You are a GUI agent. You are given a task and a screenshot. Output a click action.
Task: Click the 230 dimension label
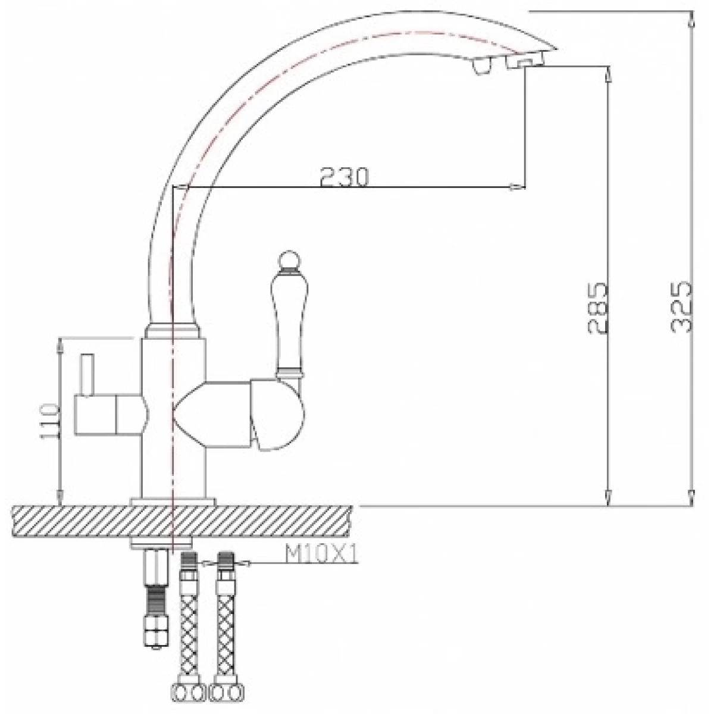[345, 177]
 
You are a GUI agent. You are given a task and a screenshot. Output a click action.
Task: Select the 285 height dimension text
[597, 308]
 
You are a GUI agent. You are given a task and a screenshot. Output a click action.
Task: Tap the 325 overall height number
[681, 307]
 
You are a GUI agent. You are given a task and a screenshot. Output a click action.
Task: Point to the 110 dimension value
[49, 422]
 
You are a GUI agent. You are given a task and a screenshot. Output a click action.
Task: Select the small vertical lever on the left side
[88, 375]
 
